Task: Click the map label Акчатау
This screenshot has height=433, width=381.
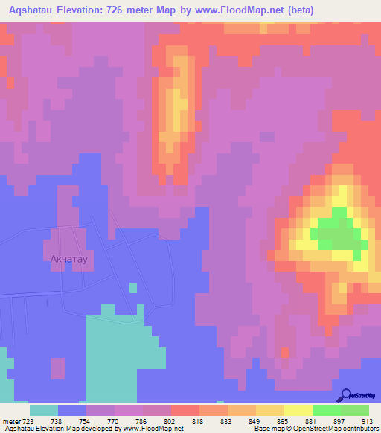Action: point(69,260)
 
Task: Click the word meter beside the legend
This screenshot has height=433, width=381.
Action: point(12,421)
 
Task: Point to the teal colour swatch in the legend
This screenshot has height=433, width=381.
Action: point(44,410)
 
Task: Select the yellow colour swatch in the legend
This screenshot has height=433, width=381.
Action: point(298,410)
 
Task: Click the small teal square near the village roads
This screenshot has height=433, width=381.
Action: point(132,287)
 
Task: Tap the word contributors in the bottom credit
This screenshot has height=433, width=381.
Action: point(358,429)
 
